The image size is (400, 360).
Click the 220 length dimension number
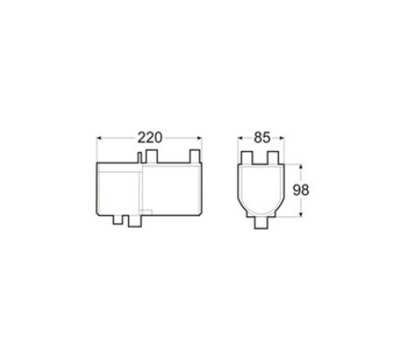(x=149, y=137)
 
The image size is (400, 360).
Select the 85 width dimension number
(x=262, y=137)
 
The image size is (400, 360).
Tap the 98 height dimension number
(x=300, y=190)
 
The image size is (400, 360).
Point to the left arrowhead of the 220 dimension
(x=99, y=138)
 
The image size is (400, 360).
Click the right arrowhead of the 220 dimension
(x=200, y=138)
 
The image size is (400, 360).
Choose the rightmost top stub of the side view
(x=192, y=154)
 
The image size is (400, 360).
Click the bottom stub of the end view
(x=262, y=223)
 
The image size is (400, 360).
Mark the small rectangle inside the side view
(x=146, y=211)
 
